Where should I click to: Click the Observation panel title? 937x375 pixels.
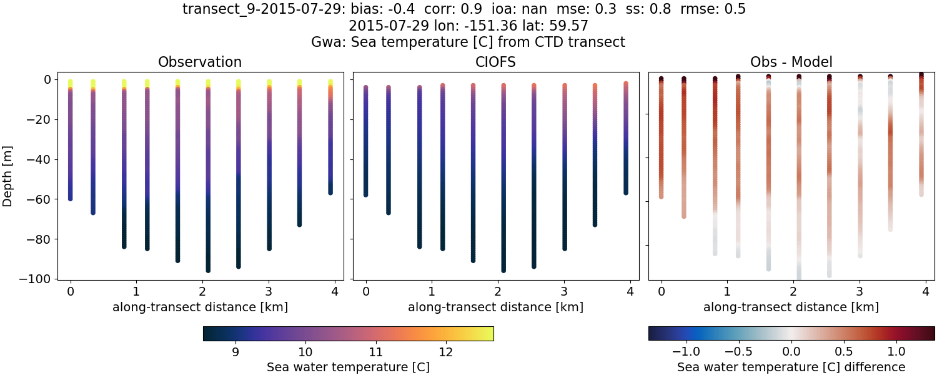click(200, 62)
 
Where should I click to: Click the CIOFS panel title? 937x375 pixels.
click(496, 62)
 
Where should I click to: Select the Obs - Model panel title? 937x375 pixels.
click(791, 62)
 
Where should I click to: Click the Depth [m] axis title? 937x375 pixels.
click(7, 179)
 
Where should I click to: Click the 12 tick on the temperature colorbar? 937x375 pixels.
click(445, 351)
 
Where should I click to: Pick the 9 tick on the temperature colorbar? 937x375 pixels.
click(235, 351)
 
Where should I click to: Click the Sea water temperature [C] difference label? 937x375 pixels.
click(791, 367)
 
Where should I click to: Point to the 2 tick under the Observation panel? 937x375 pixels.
click(202, 291)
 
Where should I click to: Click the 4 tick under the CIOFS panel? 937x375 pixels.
click(630, 291)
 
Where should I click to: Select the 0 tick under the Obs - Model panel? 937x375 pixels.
click(661, 291)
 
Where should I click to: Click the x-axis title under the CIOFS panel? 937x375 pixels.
click(495, 307)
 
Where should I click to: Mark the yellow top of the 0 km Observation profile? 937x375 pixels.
click(71, 82)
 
